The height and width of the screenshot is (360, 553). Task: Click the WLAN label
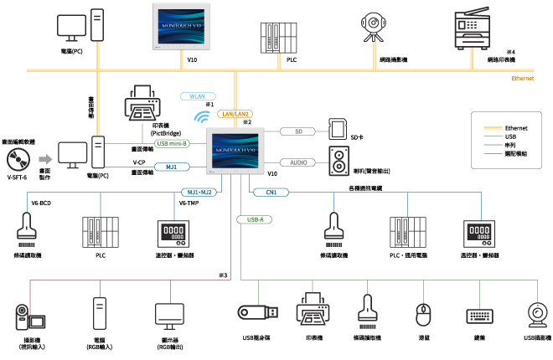tap(198, 96)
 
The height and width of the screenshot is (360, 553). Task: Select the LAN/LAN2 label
tap(235, 113)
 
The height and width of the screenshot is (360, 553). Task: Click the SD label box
tap(297, 131)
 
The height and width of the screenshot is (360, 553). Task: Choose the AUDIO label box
tap(297, 162)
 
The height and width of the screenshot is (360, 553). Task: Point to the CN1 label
tap(271, 193)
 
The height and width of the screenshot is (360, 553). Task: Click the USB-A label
tap(254, 219)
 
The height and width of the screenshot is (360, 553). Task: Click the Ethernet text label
tap(523, 79)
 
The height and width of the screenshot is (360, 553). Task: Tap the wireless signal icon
tap(202, 118)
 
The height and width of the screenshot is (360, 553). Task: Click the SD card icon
tap(338, 130)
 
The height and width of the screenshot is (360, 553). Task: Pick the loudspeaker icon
tap(339, 161)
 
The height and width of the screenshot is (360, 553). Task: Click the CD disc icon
tap(18, 159)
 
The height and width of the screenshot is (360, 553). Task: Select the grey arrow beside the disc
tap(45, 159)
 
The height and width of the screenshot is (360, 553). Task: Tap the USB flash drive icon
tap(257, 312)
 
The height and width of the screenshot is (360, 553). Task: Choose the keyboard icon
tap(479, 316)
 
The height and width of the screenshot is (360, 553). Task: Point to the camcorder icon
tap(28, 317)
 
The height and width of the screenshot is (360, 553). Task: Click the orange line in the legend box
tap(494, 128)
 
